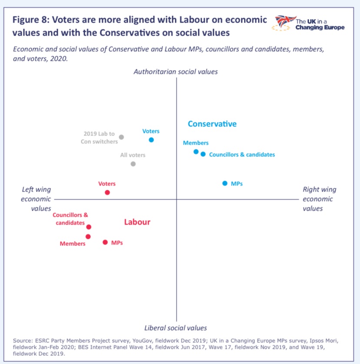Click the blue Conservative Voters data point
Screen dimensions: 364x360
(x=151, y=140)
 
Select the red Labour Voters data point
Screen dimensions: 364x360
(x=107, y=192)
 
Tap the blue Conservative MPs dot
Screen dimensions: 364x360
(x=225, y=183)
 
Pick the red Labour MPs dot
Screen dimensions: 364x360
(x=105, y=242)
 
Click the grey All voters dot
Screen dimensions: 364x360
(x=133, y=164)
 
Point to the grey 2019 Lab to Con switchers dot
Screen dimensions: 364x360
(x=121, y=137)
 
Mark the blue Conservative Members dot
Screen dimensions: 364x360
(x=196, y=152)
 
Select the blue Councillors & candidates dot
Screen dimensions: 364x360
(x=203, y=154)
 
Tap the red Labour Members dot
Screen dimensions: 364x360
(x=88, y=237)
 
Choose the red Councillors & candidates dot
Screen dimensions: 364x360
(x=89, y=227)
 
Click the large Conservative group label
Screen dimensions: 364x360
(x=212, y=124)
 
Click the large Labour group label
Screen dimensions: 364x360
(x=137, y=222)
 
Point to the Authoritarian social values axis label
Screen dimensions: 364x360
(x=176, y=72)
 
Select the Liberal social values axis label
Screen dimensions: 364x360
(x=176, y=328)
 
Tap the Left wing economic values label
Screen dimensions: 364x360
(x=37, y=199)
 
